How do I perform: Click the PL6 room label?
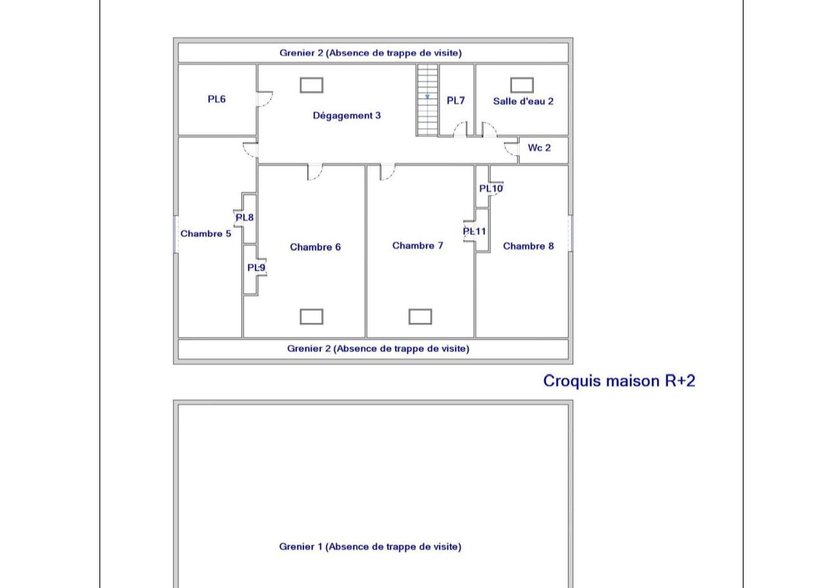pos(216,99)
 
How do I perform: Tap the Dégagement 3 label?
pos(347,116)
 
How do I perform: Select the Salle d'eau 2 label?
pos(523,101)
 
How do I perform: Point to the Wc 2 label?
pos(539,148)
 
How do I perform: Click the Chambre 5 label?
pos(206,234)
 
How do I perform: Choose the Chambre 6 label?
pos(315,247)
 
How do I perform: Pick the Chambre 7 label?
pos(418,245)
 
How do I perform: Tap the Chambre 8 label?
pos(529,246)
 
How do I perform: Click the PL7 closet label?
pos(456,101)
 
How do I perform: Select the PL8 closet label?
pos(245,218)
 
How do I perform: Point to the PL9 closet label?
pos(256,268)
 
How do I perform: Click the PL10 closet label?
pos(491,188)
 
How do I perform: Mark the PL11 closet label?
pos(474,231)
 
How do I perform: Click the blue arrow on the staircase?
pos(427,97)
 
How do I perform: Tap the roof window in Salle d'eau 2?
pos(522,85)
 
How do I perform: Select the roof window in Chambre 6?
pos(312,316)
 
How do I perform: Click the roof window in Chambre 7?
pos(420,316)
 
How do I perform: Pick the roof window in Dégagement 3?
pos(312,85)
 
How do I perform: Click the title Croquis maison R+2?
pos(619,381)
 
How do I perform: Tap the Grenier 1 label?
pos(370,547)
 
